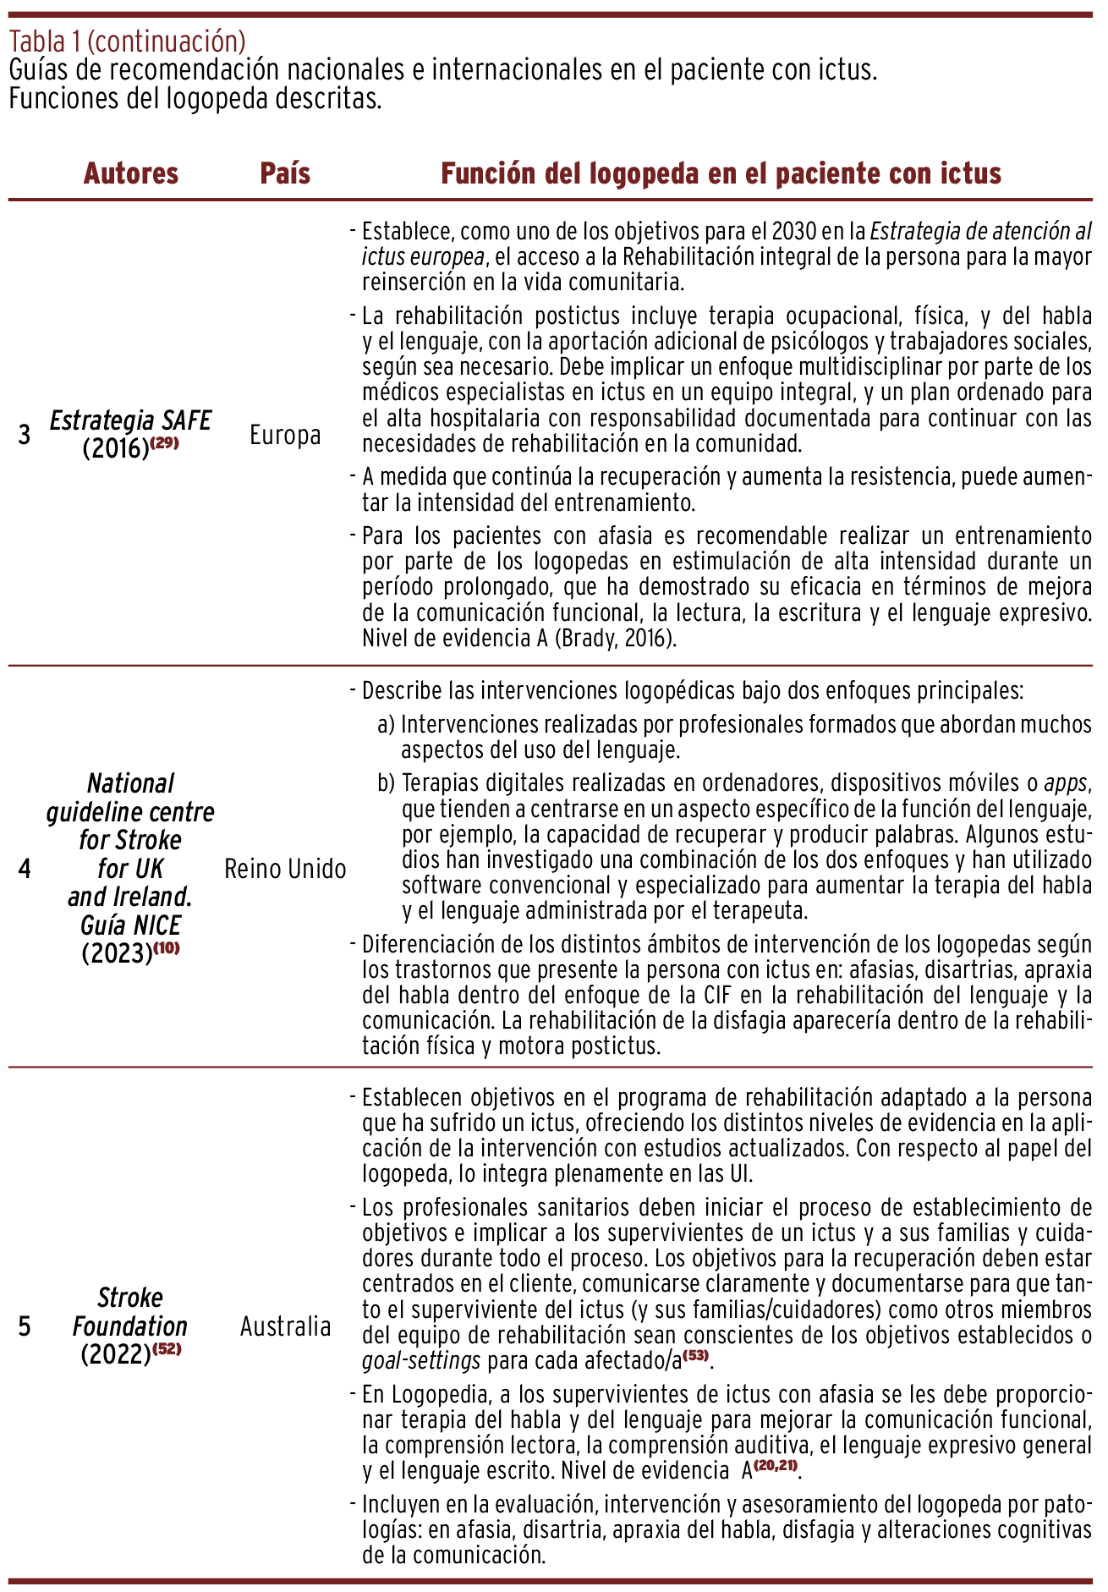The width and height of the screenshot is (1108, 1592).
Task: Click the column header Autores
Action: pos(131,173)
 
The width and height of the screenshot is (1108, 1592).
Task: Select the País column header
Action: pos(285,173)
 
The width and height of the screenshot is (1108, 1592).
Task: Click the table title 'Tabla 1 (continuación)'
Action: pos(127,41)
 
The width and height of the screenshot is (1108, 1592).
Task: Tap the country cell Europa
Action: pos(285,435)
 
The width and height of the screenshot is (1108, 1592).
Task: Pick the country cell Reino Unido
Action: pos(285,869)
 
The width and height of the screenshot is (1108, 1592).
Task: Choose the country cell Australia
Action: pos(285,1326)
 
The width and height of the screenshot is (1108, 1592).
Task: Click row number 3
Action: pos(25,435)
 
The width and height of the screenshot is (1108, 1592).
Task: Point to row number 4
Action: pos(25,869)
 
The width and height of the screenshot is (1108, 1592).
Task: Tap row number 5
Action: pos(25,1326)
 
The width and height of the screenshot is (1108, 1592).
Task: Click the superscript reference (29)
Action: pos(165,442)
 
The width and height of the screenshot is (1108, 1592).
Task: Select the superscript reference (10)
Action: pos(167,947)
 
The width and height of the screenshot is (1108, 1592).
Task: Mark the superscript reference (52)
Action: pos(167,1349)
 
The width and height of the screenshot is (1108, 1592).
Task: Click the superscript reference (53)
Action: pos(696,1356)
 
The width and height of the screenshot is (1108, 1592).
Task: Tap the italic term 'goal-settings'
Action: pos(421,1361)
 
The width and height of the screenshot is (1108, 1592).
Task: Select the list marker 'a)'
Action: pos(386,725)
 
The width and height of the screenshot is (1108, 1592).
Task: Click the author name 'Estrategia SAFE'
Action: pos(130,420)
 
